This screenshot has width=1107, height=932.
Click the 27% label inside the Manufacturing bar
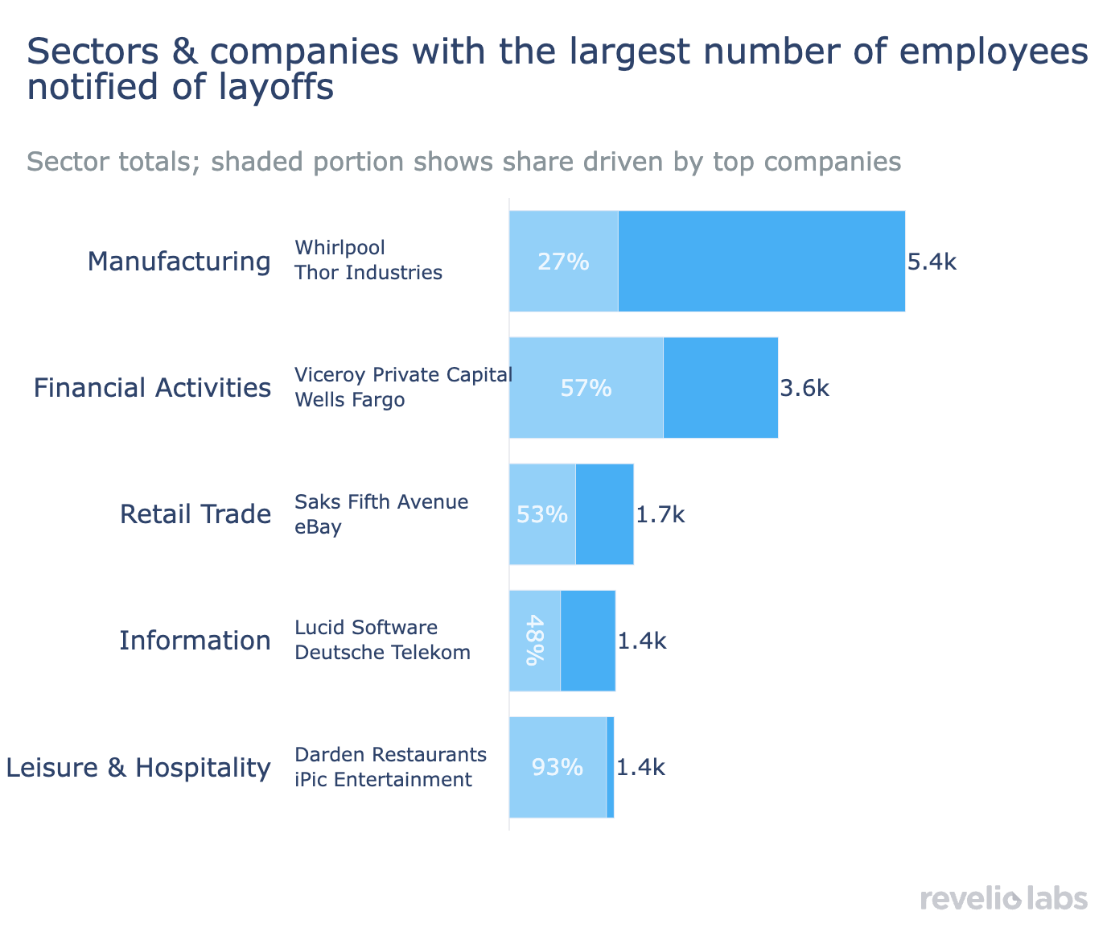[563, 262]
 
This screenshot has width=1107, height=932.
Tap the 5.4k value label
[932, 262]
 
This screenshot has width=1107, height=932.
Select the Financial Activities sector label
[151, 388]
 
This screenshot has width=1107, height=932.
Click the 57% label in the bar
[586, 389]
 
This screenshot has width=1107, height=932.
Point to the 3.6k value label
[805, 389]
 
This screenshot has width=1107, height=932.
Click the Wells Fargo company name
[349, 400]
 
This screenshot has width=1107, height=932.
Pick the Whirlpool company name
[340, 247]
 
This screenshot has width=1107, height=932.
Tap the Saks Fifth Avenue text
[381, 502]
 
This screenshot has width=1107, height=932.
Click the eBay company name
[318, 527]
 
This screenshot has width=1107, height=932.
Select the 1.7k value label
[660, 514]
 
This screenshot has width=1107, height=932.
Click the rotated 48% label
[533, 641]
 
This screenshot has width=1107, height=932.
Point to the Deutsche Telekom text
[382, 653]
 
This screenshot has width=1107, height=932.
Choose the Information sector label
[195, 641]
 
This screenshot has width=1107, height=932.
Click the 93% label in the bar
[557, 768]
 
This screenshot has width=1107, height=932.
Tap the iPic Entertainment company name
[383, 780]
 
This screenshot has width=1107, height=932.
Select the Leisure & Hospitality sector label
[138, 768]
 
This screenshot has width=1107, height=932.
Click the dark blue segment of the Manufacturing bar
[761, 262]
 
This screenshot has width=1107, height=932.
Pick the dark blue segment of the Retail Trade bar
[604, 514]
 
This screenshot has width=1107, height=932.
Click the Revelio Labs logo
[1003, 898]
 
